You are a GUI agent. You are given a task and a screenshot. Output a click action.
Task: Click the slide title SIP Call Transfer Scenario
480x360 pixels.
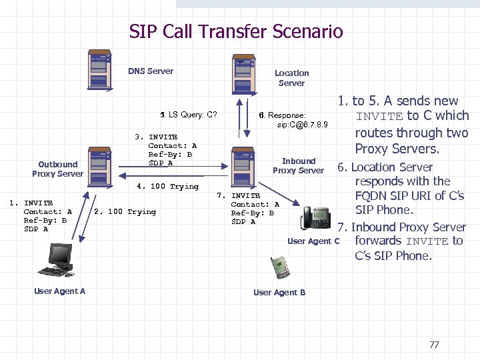236,31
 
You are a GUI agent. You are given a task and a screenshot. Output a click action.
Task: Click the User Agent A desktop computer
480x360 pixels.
58,260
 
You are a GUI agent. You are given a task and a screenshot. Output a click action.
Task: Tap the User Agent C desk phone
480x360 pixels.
316,217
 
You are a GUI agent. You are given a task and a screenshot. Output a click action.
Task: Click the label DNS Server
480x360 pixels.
151,71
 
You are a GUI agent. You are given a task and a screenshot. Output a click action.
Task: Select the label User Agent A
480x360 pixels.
59,291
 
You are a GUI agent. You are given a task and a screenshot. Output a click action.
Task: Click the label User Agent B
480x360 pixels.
279,293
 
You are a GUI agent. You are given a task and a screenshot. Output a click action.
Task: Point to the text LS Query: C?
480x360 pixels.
193,115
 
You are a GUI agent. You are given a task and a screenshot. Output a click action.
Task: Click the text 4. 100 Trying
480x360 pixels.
167,187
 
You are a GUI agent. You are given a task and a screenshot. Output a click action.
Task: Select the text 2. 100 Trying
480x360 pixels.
125,212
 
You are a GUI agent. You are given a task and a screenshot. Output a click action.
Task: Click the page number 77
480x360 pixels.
434,345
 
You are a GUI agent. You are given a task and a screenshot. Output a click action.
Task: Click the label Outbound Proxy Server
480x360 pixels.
57,169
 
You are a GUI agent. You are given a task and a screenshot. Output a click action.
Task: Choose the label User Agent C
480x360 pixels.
313,241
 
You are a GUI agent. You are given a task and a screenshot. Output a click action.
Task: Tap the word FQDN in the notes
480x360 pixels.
371,196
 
